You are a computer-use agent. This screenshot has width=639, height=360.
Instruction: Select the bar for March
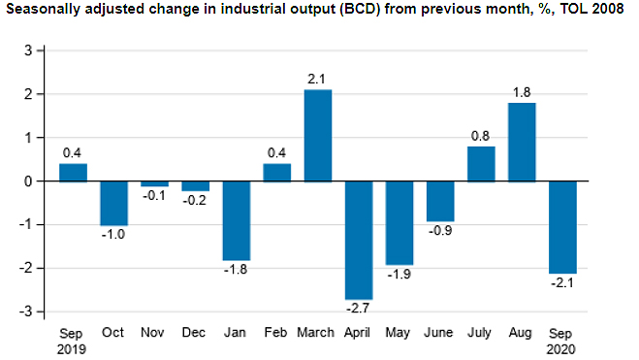(x=318, y=135)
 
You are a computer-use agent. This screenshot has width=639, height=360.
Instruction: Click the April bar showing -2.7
(x=359, y=240)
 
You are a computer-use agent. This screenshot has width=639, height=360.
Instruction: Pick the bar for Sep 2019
(x=73, y=172)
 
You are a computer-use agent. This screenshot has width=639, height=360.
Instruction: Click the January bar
(x=237, y=220)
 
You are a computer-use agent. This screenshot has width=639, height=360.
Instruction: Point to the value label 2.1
(x=318, y=79)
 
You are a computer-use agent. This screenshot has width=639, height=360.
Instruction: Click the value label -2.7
(x=359, y=310)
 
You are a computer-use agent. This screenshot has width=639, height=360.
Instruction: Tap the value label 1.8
(x=522, y=92)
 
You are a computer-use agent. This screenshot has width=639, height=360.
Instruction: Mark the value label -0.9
(x=441, y=232)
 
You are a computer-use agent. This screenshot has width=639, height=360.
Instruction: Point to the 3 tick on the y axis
(x=29, y=50)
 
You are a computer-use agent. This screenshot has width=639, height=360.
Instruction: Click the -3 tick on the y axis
(x=26, y=311)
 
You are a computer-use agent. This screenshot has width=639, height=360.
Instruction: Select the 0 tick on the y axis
(x=29, y=181)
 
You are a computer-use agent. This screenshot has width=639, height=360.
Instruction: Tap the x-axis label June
(x=440, y=332)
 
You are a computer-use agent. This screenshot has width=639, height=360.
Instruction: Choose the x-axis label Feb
(x=276, y=332)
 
